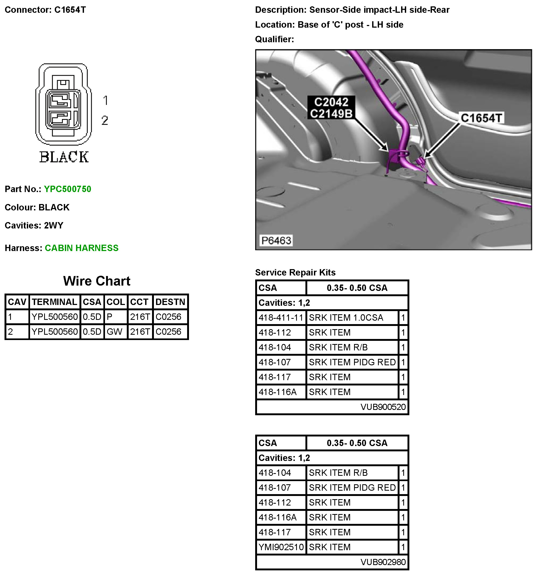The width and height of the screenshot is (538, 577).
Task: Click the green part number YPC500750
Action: pos(67,189)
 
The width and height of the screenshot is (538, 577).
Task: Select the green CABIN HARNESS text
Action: pos(81,248)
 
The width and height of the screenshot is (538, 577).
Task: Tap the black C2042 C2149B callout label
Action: pos(331,108)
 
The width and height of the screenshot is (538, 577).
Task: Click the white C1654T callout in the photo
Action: pos(481,118)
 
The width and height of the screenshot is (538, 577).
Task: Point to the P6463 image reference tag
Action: pos(276,240)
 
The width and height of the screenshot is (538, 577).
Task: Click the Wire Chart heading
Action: pos(97,281)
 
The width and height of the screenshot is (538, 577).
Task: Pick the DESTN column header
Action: pos(170,302)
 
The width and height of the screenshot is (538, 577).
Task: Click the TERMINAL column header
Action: pos(54,302)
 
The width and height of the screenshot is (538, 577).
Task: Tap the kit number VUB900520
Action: pos(383,407)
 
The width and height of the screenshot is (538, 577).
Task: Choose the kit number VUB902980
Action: pos(383,562)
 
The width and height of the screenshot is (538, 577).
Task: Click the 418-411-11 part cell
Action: pos(281,317)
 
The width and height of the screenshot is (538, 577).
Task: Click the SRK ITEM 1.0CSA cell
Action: pos(346,317)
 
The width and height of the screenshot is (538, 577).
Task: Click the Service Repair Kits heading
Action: pos(295,272)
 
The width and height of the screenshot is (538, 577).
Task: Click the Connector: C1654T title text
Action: pos(45,10)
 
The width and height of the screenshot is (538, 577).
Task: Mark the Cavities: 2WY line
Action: pos(34,225)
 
